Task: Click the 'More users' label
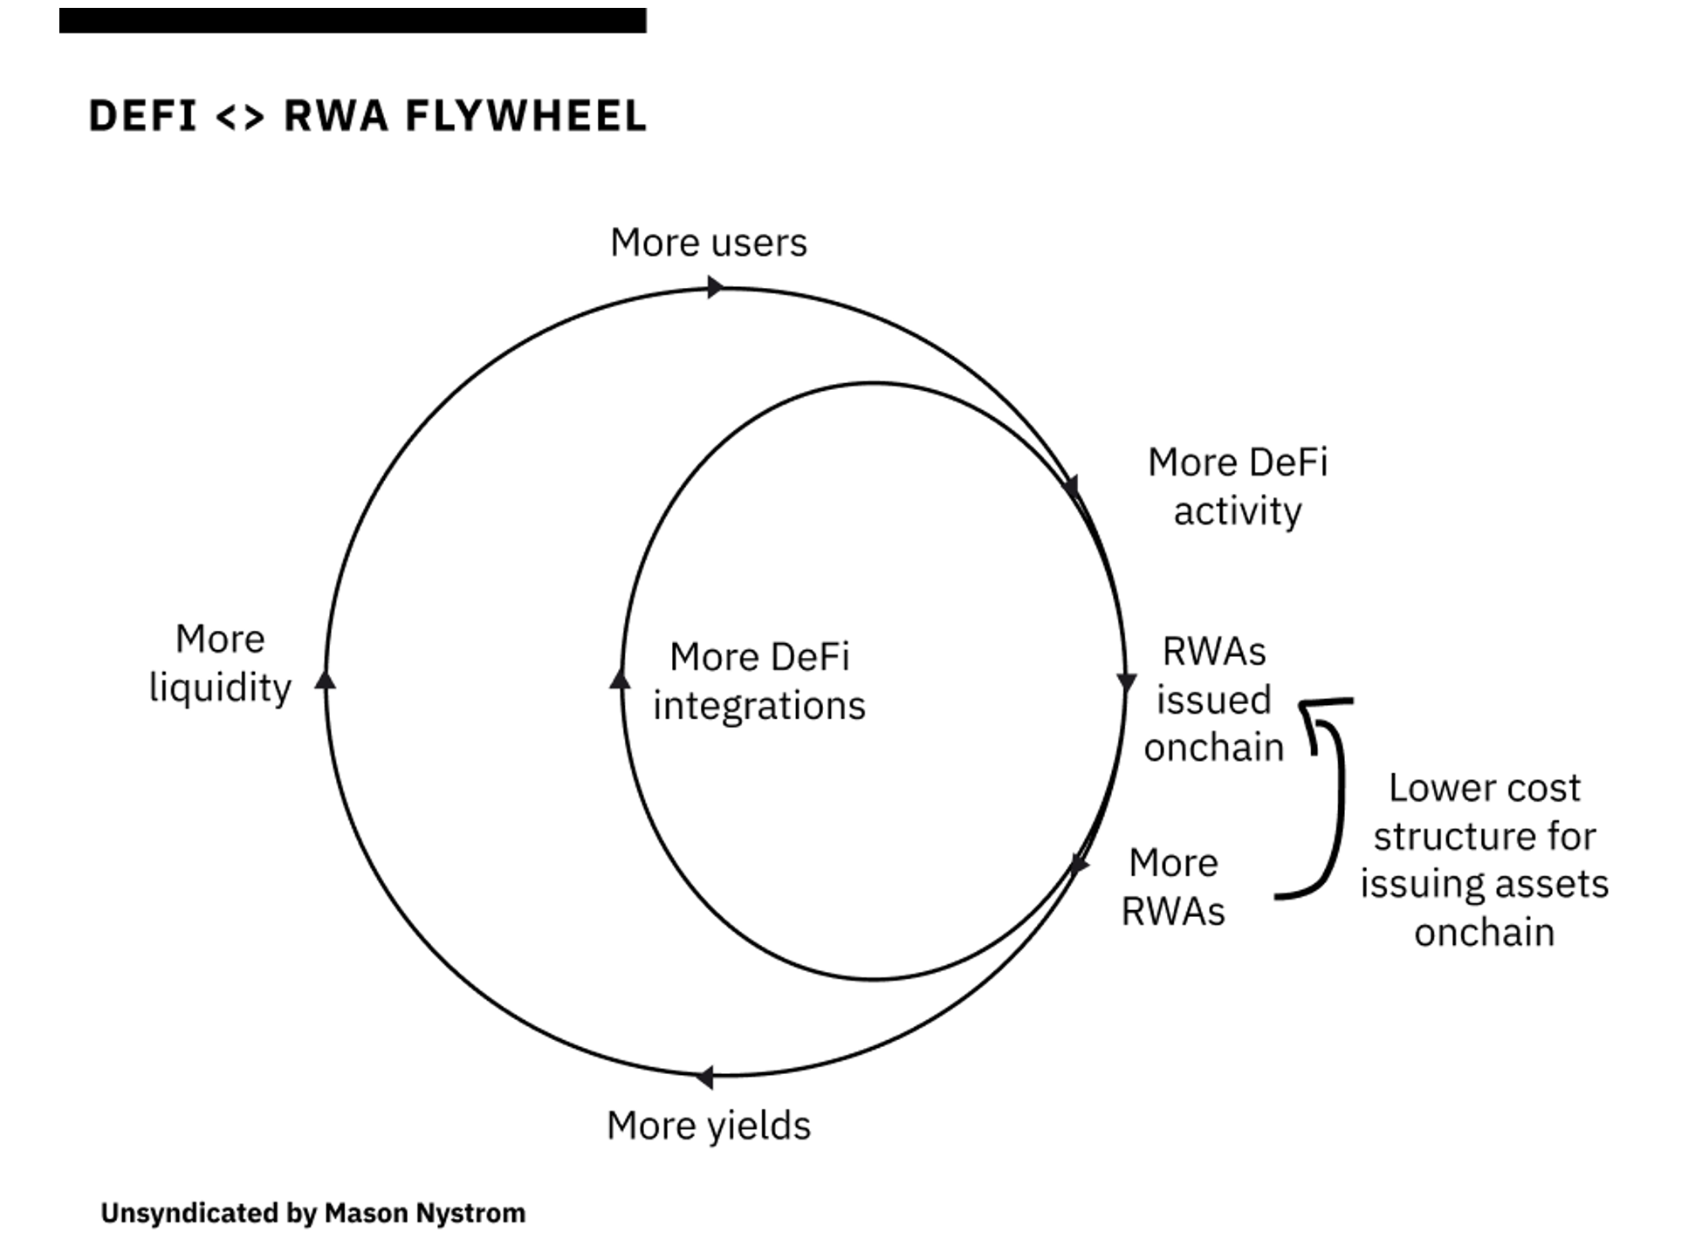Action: pyautogui.click(x=708, y=243)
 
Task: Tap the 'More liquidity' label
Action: pyautogui.click(x=220, y=663)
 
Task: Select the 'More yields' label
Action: pyautogui.click(x=708, y=1126)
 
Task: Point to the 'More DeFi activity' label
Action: pyautogui.click(x=1237, y=487)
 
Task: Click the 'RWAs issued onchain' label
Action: pyautogui.click(x=1213, y=700)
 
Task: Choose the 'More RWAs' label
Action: pyautogui.click(x=1172, y=886)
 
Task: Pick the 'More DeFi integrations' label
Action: pyautogui.click(x=758, y=681)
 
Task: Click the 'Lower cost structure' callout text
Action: pyautogui.click(x=1484, y=860)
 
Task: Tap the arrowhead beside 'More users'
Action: pyautogui.click(x=715, y=287)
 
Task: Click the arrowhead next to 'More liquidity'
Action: pyautogui.click(x=326, y=680)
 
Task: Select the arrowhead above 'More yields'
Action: pyautogui.click(x=704, y=1078)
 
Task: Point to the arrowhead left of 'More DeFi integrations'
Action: pyautogui.click(x=620, y=679)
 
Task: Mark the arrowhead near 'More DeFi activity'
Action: pyautogui.click(x=1073, y=487)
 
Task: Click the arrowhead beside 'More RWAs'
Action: pyautogui.click(x=1080, y=864)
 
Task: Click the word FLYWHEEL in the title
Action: pyautogui.click(x=525, y=116)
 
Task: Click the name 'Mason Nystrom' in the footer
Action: pyautogui.click(x=424, y=1214)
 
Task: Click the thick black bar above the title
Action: pyautogui.click(x=353, y=21)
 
